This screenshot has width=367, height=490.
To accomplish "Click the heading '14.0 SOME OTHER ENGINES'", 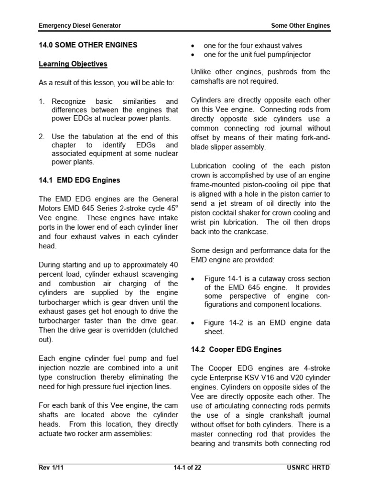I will (88, 45).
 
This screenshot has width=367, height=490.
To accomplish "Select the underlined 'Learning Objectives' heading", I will (73, 64).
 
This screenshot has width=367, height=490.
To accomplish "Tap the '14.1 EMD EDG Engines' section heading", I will (79, 180).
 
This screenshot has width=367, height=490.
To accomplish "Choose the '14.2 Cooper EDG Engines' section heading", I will (236, 349).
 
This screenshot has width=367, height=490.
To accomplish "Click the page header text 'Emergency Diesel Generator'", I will (80, 25).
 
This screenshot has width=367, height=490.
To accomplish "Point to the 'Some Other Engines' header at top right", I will (300, 25).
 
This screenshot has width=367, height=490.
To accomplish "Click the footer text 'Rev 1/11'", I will (51, 468).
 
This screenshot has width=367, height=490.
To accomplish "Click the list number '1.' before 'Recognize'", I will (42, 101).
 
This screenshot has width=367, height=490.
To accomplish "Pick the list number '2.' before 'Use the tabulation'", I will (42, 136).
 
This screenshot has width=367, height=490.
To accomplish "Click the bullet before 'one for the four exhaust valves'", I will (193, 46).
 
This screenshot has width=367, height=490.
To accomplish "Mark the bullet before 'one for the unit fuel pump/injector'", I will (193, 55).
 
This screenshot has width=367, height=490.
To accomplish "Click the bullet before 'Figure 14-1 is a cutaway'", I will (193, 279).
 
